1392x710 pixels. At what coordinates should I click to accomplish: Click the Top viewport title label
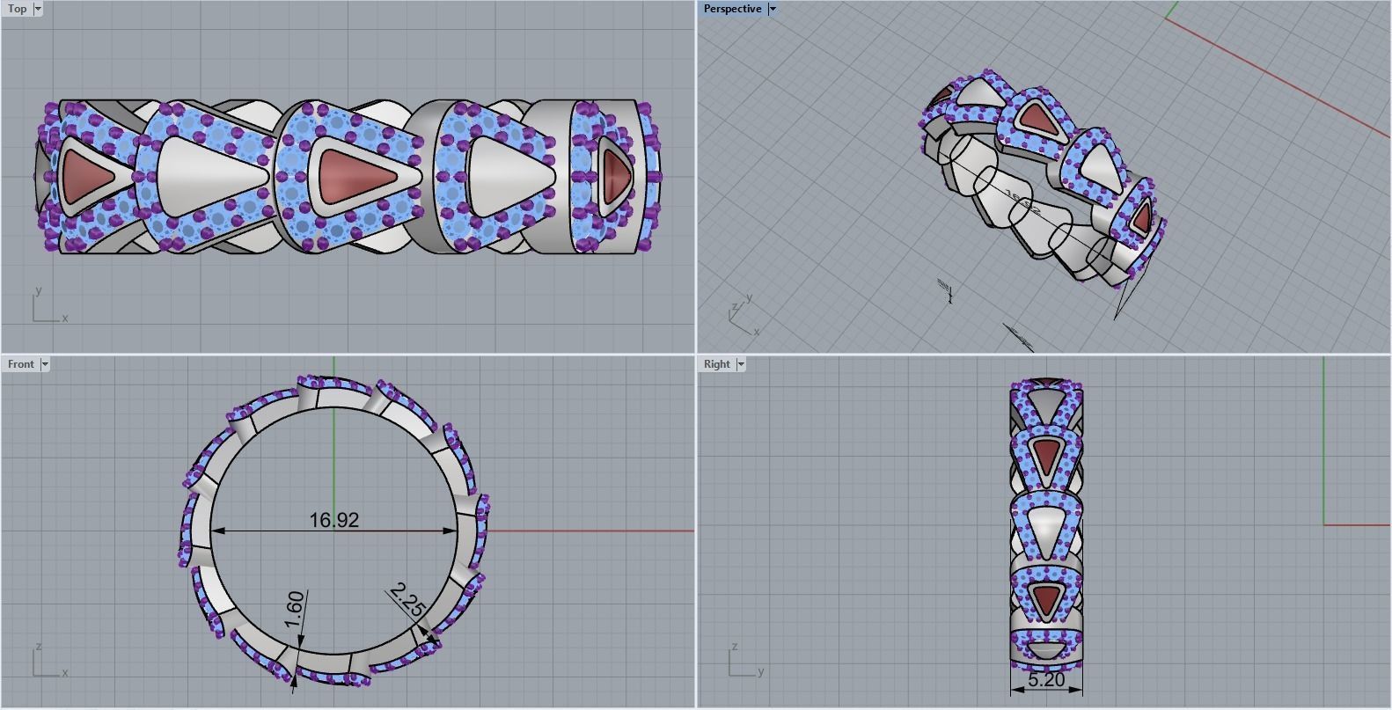pos(17,9)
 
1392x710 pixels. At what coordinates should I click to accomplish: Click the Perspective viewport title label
pos(732,9)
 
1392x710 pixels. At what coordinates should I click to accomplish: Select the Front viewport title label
pos(20,364)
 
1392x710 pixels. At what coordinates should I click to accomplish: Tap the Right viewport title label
pos(716,364)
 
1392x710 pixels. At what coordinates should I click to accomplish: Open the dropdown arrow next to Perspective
pos(773,9)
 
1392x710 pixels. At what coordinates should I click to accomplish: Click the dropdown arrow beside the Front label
pos(45,364)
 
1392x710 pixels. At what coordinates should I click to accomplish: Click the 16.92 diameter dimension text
pos(333,520)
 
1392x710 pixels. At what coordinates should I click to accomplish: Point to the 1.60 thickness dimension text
pos(295,610)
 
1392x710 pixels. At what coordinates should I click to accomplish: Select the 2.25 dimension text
pos(406,599)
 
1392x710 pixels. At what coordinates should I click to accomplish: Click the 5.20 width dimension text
pos(1045,680)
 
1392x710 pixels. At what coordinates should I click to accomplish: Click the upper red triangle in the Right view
pos(1045,456)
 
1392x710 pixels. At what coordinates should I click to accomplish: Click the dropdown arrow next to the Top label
pos(38,9)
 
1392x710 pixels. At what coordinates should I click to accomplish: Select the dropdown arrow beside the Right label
pos(741,364)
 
